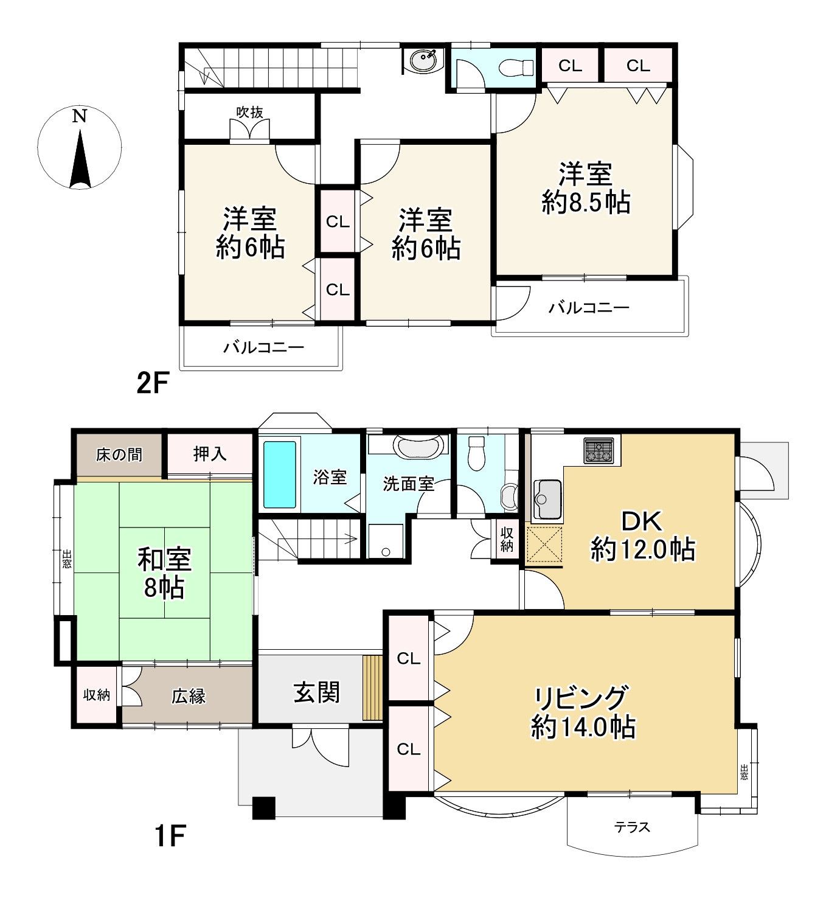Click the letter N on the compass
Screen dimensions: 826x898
click(79, 116)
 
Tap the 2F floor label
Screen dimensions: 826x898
click(153, 383)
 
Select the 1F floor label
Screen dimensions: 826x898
click(170, 835)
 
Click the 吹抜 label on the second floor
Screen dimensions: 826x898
click(250, 112)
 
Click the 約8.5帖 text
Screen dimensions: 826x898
click(586, 203)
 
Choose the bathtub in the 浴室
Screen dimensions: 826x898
click(279, 475)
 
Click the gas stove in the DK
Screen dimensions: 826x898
click(599, 450)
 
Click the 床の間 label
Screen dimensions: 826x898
click(119, 455)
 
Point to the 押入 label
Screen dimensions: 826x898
click(209, 454)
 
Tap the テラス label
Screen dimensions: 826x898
click(632, 827)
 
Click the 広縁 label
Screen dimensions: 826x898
click(189, 696)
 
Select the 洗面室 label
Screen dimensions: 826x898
click(408, 484)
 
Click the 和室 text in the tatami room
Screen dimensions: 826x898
click(164, 560)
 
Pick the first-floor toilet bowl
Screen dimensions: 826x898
click(476, 453)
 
